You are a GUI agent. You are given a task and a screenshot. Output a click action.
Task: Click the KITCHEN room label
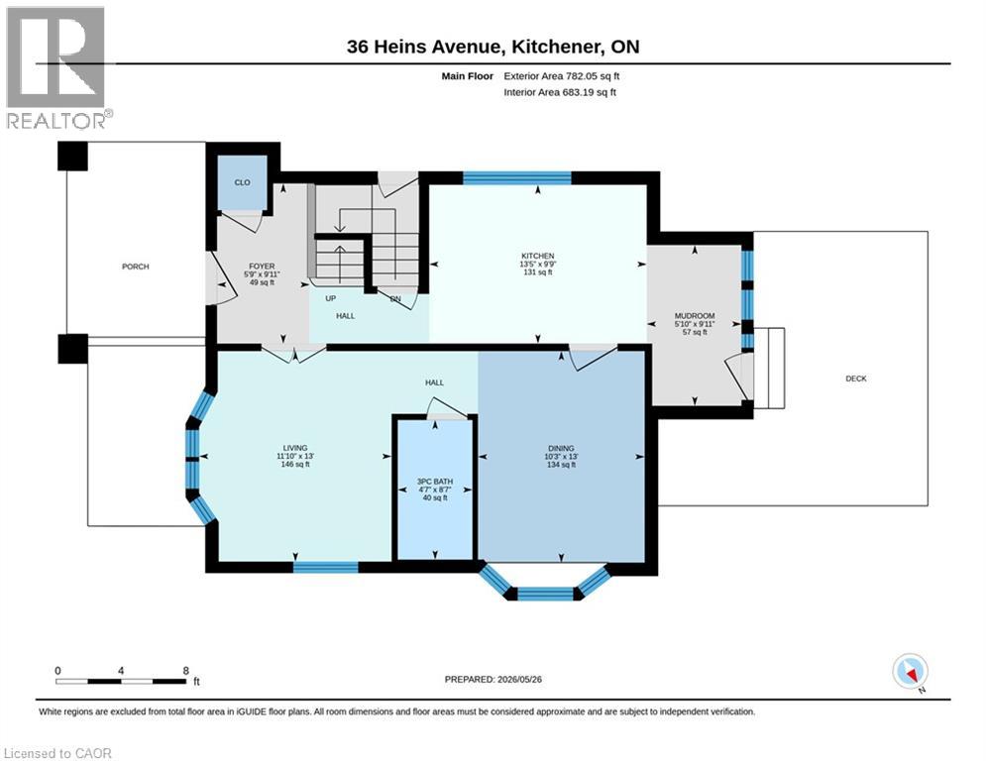[x=538, y=256]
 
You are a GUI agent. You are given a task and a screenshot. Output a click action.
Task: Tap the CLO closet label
[x=242, y=182]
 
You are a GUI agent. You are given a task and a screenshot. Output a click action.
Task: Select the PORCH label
[x=135, y=267]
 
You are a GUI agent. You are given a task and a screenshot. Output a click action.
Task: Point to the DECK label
[x=856, y=379]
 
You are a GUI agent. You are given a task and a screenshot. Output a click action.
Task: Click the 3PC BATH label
[x=435, y=482]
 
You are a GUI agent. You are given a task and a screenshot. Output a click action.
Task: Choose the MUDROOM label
[x=695, y=316]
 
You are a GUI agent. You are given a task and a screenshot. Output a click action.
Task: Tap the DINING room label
[x=561, y=449]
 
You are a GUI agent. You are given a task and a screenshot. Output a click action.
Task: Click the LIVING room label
[x=295, y=448]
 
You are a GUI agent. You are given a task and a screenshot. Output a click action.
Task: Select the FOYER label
[x=262, y=267]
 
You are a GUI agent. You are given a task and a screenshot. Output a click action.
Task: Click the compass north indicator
[x=910, y=673]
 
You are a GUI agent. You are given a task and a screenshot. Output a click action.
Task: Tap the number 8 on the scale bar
[x=185, y=671]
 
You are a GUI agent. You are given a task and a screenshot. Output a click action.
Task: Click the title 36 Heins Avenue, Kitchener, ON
[x=493, y=47]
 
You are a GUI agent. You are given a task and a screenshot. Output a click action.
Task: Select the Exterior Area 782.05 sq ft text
[x=562, y=76]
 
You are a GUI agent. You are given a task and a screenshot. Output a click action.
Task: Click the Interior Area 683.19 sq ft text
[x=560, y=92]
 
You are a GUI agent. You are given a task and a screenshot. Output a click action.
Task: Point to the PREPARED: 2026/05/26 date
[x=493, y=679]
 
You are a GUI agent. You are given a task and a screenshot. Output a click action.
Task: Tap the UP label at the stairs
[x=331, y=298]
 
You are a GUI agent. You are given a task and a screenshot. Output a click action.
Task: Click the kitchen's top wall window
[x=517, y=178]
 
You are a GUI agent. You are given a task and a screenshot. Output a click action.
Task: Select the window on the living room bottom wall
[x=326, y=568]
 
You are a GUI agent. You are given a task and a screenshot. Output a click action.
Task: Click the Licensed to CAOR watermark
[x=57, y=753]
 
